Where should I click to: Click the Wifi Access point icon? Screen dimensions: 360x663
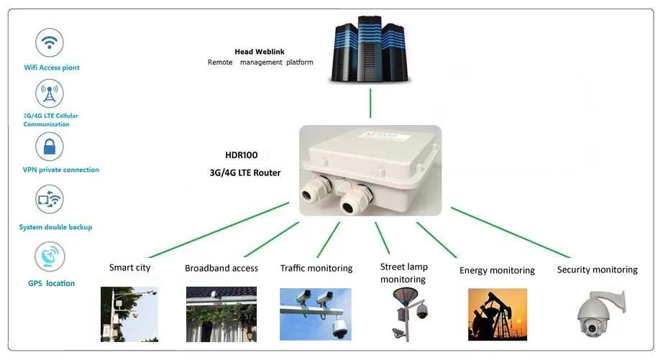pyautogui.click(x=50, y=43)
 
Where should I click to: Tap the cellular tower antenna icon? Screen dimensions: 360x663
pyautogui.click(x=50, y=93)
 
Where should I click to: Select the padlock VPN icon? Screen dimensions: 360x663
pyautogui.click(x=50, y=147)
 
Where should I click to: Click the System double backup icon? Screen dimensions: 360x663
pyautogui.click(x=50, y=200)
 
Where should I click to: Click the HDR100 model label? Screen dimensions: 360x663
pyautogui.click(x=241, y=155)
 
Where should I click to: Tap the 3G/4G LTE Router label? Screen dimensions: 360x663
pyautogui.click(x=247, y=173)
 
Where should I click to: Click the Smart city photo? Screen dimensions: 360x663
pyautogui.click(x=129, y=314)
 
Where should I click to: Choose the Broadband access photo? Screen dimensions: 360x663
pyautogui.click(x=221, y=314)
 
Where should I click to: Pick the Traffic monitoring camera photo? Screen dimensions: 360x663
pyautogui.click(x=315, y=314)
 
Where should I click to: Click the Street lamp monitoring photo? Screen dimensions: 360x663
pyautogui.click(x=407, y=313)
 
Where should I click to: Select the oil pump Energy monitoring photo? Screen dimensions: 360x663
pyautogui.click(x=497, y=314)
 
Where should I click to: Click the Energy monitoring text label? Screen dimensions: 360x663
pyautogui.click(x=497, y=271)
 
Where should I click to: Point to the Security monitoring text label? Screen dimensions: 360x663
pyautogui.click(x=597, y=270)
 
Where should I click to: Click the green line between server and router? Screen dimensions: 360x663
pyautogui.click(x=370, y=103)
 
